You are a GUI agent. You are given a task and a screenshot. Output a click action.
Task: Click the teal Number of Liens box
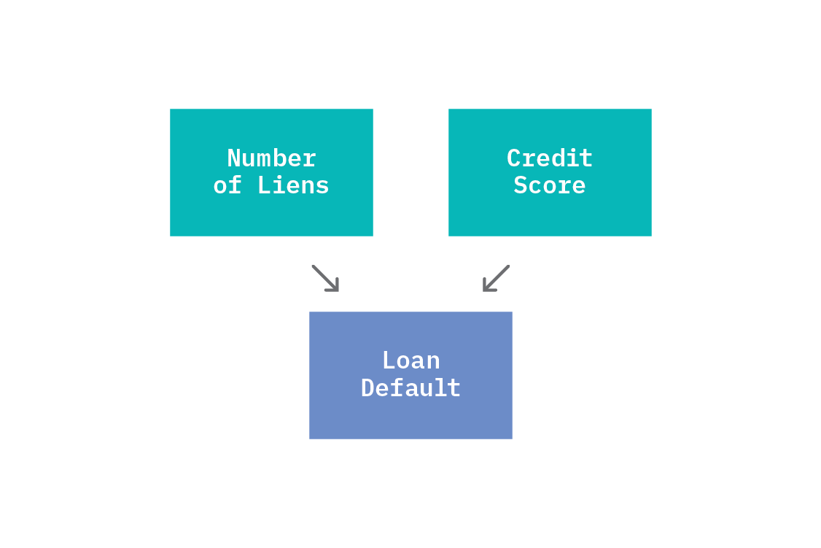coord(271,172)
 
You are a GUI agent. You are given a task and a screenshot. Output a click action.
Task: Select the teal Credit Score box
coord(550,172)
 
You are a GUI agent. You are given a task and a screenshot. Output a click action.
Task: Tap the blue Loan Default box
coord(410,375)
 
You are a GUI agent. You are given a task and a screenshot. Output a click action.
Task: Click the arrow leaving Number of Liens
coord(325,278)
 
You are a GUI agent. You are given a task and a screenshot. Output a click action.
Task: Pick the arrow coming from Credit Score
coord(496,278)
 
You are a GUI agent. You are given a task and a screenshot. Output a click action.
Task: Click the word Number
coord(271,158)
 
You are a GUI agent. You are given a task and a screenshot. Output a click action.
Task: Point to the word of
coord(227,185)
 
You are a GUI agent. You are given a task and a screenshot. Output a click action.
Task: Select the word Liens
coord(293,185)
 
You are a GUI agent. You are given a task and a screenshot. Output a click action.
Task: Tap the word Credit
coord(550,158)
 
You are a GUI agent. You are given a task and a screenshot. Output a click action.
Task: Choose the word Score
coord(550,185)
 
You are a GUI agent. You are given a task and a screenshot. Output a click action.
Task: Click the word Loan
coord(411,361)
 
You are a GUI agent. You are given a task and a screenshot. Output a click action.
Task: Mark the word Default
coord(410,388)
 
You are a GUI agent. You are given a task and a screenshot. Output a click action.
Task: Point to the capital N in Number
coord(233,158)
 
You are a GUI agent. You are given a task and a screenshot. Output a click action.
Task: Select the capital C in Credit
coord(513,158)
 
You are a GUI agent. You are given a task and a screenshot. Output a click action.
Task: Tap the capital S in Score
coord(521,185)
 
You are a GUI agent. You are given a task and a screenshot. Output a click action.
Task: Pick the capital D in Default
coord(368,388)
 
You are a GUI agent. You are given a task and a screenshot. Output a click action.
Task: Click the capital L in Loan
coord(389,361)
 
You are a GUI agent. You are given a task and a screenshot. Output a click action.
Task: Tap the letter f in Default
coord(397,387)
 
